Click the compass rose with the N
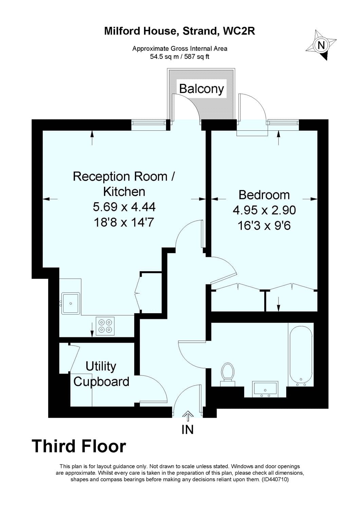(321, 45)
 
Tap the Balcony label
(201, 89)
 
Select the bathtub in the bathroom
(301, 355)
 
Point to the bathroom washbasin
(265, 389)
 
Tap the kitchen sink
(70, 303)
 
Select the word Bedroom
(264, 195)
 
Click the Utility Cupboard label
(101, 374)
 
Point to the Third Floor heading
(79, 446)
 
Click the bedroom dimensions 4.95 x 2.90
(264, 210)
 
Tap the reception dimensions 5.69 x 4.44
(124, 207)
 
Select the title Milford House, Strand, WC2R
(180, 32)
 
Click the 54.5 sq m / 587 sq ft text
(180, 57)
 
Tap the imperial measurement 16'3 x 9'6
(264, 225)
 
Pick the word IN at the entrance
(187, 430)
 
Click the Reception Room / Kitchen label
(124, 184)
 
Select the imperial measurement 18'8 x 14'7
(124, 222)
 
